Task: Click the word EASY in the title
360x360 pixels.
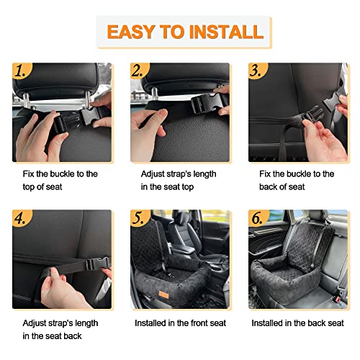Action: coord(131,32)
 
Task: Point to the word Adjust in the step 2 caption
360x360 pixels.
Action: coord(153,174)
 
